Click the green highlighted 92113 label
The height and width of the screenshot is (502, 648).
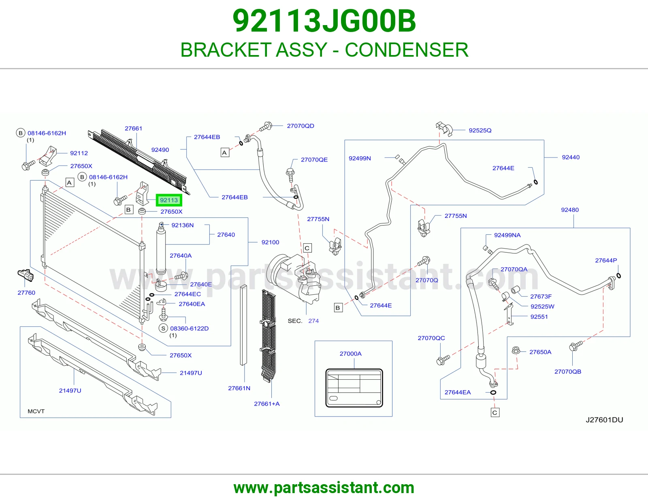[x=169, y=200]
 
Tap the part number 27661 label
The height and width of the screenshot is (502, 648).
[x=133, y=128]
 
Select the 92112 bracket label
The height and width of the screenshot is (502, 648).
[x=79, y=153]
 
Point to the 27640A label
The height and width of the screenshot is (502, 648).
[x=181, y=255]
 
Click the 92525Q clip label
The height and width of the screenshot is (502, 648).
[x=480, y=130]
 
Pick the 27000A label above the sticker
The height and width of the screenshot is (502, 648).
[x=350, y=353]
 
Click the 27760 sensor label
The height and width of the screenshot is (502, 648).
[x=26, y=293]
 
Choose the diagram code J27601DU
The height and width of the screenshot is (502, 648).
[x=604, y=420]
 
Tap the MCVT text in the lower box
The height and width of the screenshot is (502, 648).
[x=36, y=411]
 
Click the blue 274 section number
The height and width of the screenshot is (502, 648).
[x=313, y=321]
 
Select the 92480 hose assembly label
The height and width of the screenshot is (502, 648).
[x=570, y=210]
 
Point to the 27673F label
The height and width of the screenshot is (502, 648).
[x=541, y=296]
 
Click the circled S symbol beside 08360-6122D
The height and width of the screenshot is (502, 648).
[x=163, y=328]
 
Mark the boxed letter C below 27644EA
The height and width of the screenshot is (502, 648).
[x=495, y=413]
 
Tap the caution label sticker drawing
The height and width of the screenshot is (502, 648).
[x=354, y=388]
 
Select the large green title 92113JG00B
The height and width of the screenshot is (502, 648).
[x=324, y=21]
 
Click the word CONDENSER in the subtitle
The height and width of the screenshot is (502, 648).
[x=407, y=50]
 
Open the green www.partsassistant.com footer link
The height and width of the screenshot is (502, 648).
[x=324, y=488]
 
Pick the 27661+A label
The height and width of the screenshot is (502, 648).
[x=267, y=404]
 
